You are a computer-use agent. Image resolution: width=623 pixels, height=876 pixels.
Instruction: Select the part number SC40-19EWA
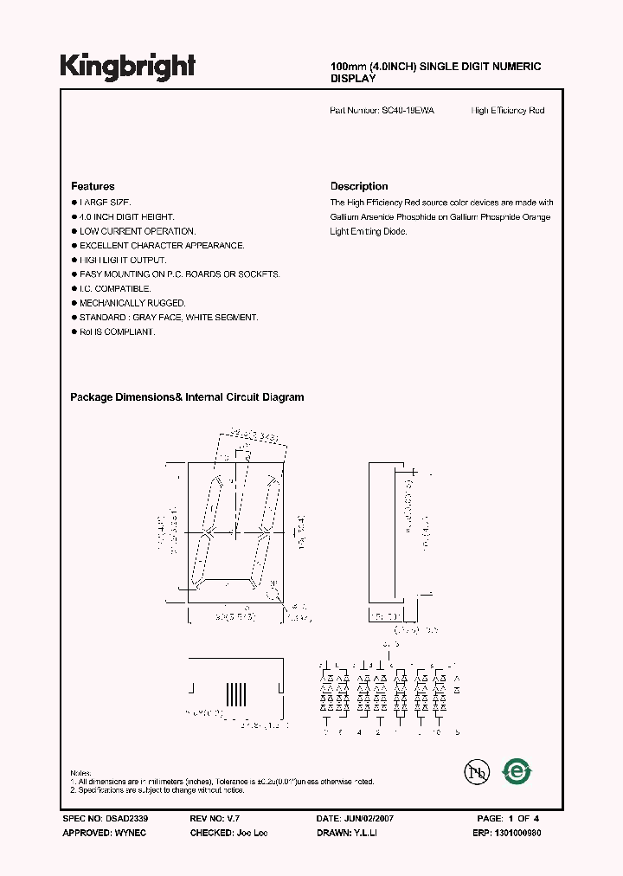(x=408, y=111)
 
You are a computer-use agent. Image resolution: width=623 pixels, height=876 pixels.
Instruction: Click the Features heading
(x=93, y=186)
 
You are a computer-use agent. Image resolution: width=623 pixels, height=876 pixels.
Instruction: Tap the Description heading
(x=359, y=186)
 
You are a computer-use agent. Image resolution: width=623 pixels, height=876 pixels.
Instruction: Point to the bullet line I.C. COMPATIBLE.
(x=115, y=288)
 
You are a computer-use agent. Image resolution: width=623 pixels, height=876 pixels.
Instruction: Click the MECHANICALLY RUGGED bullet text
(x=132, y=303)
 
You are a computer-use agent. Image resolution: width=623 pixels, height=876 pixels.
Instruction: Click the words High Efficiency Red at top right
(x=508, y=111)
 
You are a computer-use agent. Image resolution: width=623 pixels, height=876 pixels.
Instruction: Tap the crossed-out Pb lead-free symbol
(x=474, y=772)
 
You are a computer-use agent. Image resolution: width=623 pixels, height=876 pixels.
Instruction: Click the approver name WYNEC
(x=129, y=831)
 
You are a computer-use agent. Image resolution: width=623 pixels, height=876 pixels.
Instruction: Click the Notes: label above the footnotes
(x=80, y=773)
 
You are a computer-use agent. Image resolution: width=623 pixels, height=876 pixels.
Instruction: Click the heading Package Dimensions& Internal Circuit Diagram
(x=187, y=397)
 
